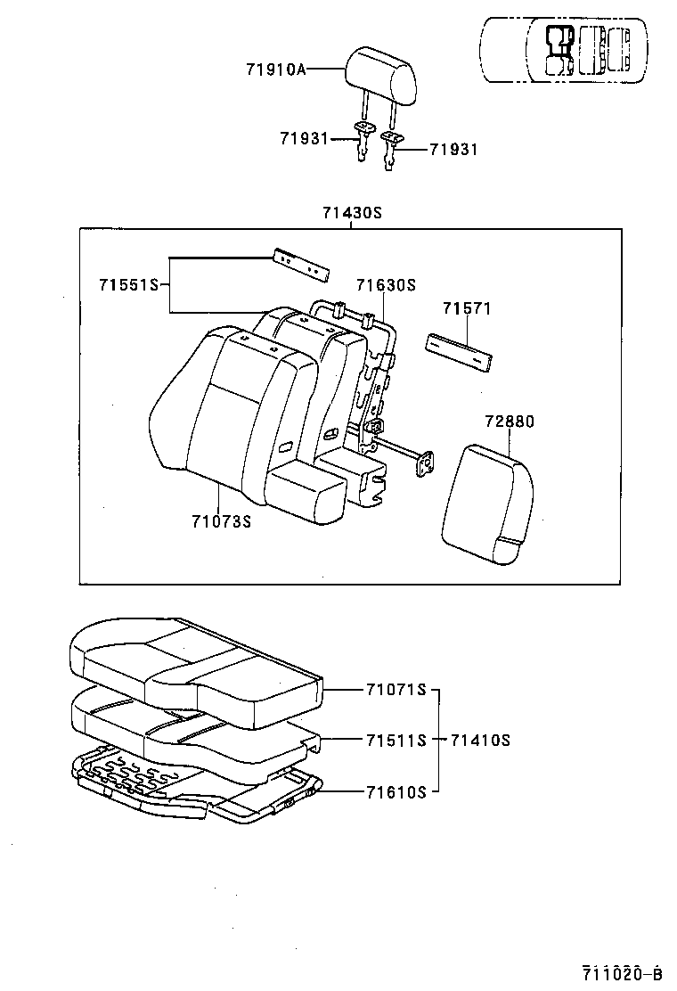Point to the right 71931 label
click(x=453, y=149)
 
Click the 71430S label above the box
click(x=351, y=213)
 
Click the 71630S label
click(x=386, y=285)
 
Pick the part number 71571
click(x=467, y=308)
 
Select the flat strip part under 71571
click(x=458, y=351)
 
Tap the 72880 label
click(x=510, y=422)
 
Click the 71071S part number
click(x=396, y=690)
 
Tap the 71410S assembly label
click(x=480, y=740)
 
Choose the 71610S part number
click(x=396, y=790)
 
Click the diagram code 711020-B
click(x=624, y=971)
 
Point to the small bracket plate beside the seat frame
click(x=427, y=463)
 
